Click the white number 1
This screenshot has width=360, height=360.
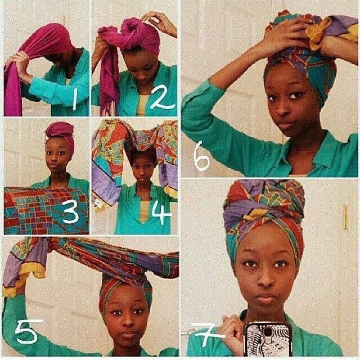(x=74, y=99)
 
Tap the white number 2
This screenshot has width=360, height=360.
(x=163, y=97)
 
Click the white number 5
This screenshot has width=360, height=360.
(x=27, y=331)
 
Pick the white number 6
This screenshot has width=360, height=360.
(x=201, y=156)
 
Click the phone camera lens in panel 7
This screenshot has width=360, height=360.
(x=268, y=331)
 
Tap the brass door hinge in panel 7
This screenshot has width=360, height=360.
(x=345, y=217)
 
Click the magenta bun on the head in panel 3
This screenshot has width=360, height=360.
(x=60, y=129)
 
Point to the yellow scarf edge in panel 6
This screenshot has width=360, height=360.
(x=317, y=34)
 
